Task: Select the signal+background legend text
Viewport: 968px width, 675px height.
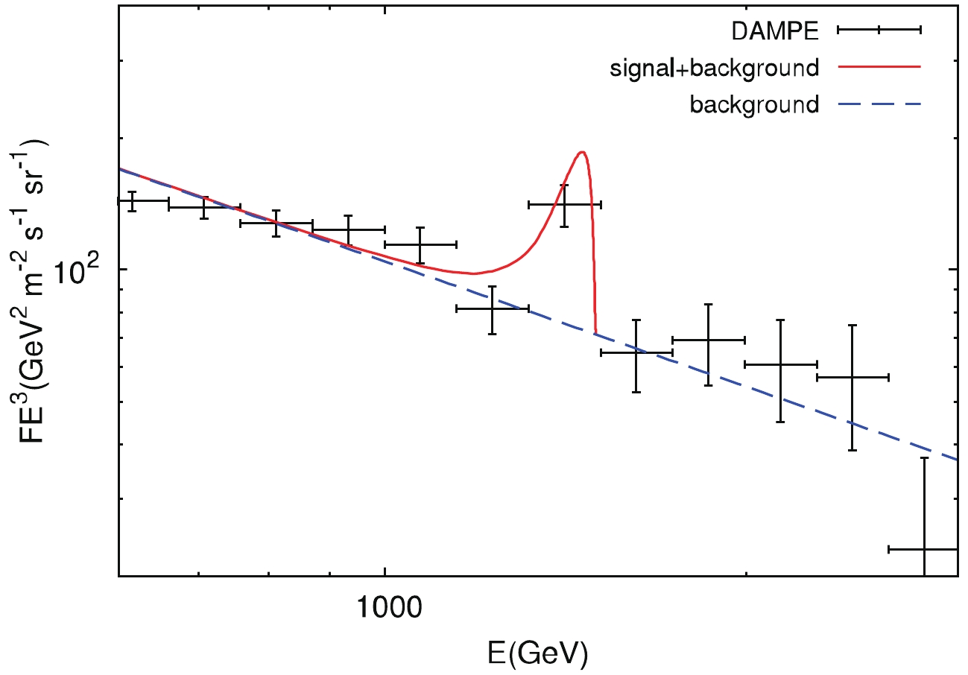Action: click(714, 68)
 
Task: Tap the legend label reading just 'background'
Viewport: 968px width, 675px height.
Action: click(753, 104)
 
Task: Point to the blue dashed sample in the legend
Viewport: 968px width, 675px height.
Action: click(879, 104)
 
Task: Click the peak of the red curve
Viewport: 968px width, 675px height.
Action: click(582, 152)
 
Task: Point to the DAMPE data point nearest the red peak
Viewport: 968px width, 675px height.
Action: click(564, 204)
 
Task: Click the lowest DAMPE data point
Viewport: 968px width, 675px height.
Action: click(923, 549)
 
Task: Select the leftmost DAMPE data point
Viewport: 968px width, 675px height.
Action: click(132, 200)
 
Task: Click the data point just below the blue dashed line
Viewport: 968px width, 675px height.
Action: click(492, 308)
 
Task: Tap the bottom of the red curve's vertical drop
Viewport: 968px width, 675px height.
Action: click(595, 332)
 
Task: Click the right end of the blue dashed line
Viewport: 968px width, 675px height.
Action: click(956, 459)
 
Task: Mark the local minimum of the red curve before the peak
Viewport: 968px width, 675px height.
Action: click(473, 273)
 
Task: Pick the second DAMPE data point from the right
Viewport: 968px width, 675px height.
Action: click(852, 377)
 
